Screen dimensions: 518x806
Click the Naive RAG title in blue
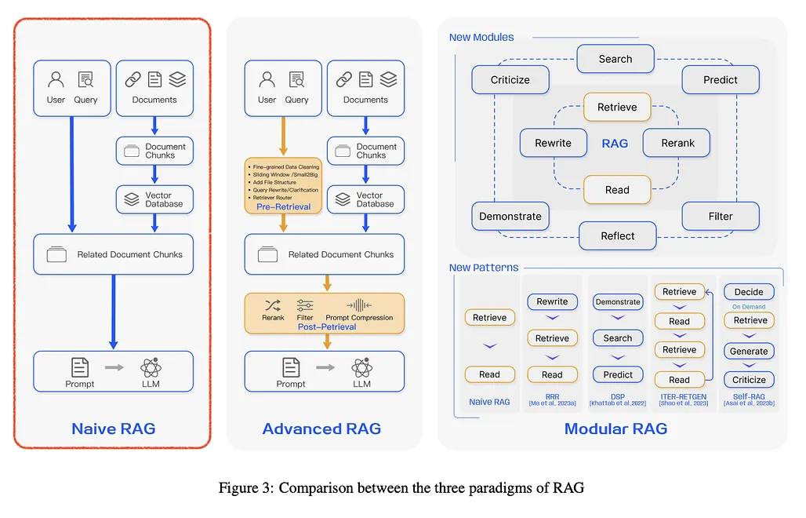(113, 429)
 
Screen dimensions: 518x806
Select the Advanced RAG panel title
(321, 429)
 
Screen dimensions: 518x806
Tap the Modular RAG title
(615, 429)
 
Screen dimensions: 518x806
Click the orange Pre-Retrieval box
(283, 185)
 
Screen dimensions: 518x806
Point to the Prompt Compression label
(359, 317)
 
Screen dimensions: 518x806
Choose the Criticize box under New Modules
(510, 79)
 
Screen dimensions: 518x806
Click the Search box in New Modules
(615, 59)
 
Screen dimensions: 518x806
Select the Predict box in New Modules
(721, 79)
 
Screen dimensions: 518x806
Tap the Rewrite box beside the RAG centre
(552, 143)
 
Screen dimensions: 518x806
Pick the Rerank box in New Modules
(677, 143)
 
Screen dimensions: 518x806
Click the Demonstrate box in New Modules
(510, 216)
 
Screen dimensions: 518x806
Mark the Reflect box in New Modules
(617, 235)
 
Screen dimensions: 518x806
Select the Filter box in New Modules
(721, 216)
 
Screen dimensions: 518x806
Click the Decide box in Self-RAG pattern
(749, 292)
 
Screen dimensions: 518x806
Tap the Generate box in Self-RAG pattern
(749, 351)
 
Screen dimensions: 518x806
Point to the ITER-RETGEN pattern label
(679, 398)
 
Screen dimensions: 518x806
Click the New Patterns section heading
(484, 268)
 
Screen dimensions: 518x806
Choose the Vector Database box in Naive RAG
(154, 199)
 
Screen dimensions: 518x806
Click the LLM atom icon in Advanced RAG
(361, 367)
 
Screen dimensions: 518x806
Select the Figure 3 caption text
(401, 488)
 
